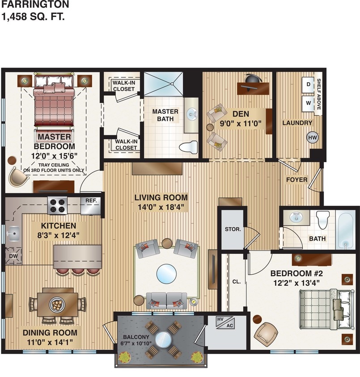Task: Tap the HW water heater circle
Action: (312, 138)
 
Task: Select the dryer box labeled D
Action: (309, 84)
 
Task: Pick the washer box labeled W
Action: (308, 103)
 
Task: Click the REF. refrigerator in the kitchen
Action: (91, 201)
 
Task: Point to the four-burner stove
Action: (57, 205)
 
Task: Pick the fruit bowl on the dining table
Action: (57, 304)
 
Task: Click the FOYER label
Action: (296, 180)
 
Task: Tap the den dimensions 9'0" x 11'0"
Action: (240, 124)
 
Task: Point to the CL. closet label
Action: (237, 282)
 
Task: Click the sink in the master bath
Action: (193, 115)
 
